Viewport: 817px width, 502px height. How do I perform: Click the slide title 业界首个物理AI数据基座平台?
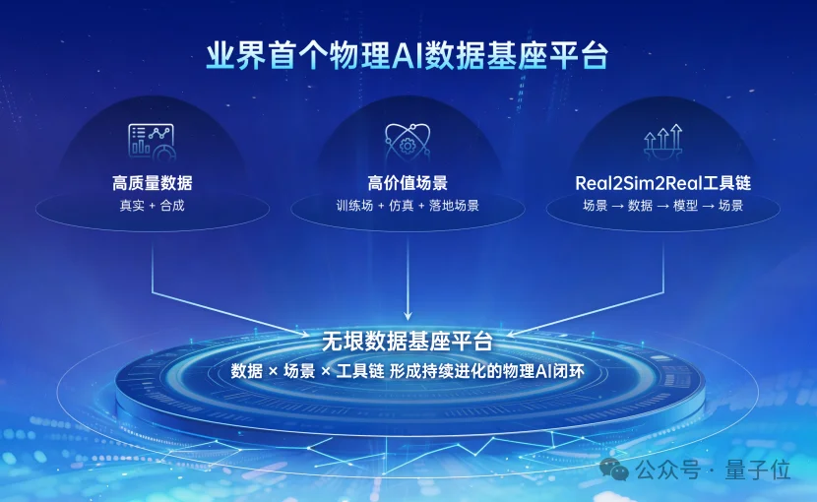408,55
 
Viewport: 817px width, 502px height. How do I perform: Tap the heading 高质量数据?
152,183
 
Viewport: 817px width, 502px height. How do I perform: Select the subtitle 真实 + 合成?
152,206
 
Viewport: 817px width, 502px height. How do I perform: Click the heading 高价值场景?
408,183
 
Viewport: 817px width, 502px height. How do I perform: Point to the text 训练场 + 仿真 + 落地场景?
408,206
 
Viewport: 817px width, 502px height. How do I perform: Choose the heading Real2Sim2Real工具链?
663,183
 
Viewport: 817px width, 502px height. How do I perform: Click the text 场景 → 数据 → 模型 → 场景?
663,206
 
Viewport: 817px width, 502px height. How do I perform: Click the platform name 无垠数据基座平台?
408,343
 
